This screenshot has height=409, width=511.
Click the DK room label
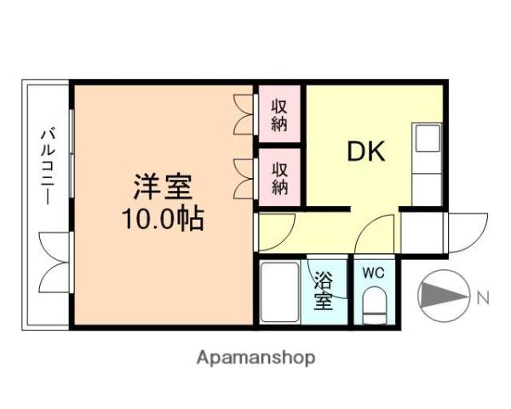[366, 152]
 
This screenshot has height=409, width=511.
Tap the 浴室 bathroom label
[323, 290]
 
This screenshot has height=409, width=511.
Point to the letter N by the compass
[483, 297]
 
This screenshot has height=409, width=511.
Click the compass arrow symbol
[444, 297]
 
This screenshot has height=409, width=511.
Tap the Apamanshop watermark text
[255, 357]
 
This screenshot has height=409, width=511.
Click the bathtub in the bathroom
[279, 292]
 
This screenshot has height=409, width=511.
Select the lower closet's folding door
[244, 176]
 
